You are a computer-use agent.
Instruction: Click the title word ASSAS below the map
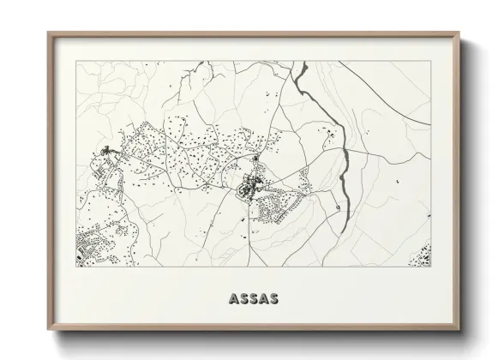pos(251,299)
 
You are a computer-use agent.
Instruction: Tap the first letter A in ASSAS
pos(234,299)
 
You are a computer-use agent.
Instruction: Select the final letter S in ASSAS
pos(269,299)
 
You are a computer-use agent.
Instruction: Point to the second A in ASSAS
pos(260,299)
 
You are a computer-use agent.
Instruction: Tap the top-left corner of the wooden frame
pos(49,33)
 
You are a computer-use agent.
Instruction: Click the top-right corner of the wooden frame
pos(459,33)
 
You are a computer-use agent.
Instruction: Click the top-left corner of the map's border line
pos(76,61)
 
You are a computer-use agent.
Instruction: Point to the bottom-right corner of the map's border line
pos(431,266)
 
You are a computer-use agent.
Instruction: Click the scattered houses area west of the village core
pos(189,159)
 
